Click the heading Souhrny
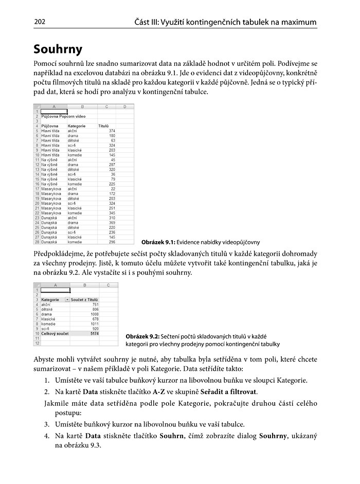pos(58,49)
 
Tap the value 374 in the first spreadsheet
pos(111,131)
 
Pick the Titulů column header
pos(103,126)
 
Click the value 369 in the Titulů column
pos(111,222)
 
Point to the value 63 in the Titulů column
pos(112,140)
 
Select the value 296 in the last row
pos(111,241)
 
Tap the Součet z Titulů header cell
pos(84,299)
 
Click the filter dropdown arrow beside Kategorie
pos(67,299)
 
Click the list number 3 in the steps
pos(46,424)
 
